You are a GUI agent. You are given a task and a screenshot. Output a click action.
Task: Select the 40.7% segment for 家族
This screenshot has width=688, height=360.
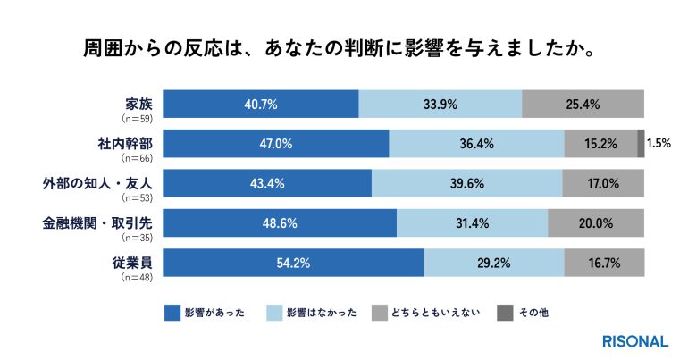coord(261,104)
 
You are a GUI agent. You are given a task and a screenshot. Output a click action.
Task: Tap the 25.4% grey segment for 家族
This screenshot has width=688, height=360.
coord(582,104)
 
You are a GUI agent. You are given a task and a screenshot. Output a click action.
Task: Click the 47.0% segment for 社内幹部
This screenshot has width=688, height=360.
coord(276,143)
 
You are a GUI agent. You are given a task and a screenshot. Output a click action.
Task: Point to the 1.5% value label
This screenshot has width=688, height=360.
coord(659,143)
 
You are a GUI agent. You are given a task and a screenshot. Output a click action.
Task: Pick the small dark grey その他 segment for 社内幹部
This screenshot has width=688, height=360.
coord(641,143)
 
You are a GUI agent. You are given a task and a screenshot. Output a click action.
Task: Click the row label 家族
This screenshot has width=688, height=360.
coord(140,101)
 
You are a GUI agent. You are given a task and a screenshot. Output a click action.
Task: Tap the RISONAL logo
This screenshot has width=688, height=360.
coord(635,340)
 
